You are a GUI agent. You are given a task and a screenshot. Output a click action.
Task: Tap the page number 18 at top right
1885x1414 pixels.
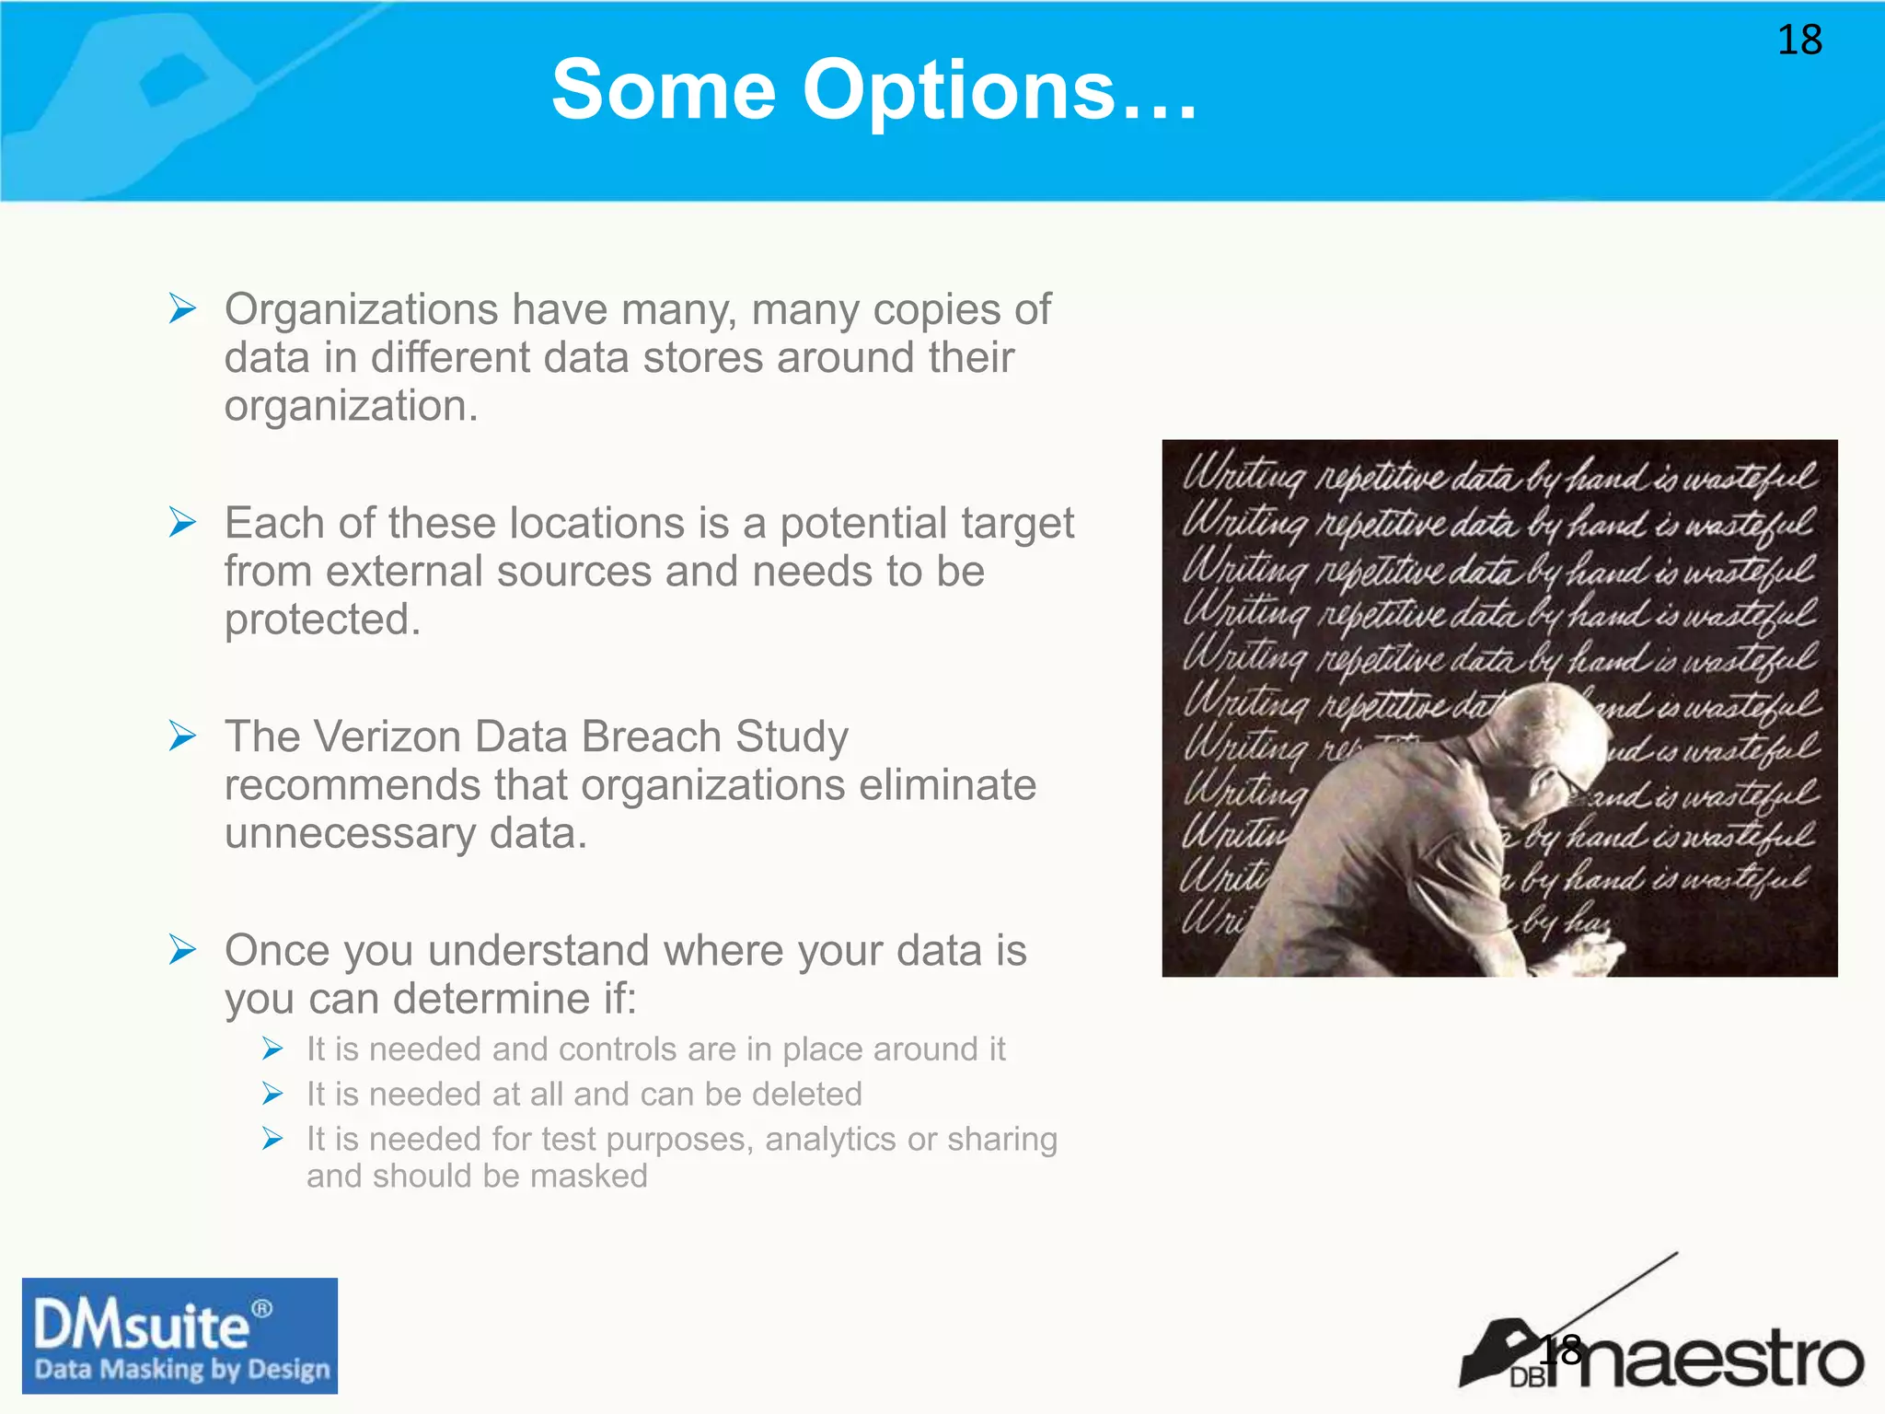(1798, 41)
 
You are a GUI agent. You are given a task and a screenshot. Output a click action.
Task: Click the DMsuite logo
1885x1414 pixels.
(179, 1335)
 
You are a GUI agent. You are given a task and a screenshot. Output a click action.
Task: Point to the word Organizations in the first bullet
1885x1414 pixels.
(361, 309)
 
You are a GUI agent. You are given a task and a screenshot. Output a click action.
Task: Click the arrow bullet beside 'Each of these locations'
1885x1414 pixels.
(183, 522)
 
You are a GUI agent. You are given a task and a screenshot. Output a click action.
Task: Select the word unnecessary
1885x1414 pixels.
(350, 833)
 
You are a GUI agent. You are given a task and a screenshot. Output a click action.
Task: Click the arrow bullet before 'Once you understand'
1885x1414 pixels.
(183, 949)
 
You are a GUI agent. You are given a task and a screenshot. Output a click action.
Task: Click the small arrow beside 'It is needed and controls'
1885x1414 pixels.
(272, 1049)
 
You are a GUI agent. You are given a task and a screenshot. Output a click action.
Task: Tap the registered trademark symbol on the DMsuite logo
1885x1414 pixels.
(262, 1308)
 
